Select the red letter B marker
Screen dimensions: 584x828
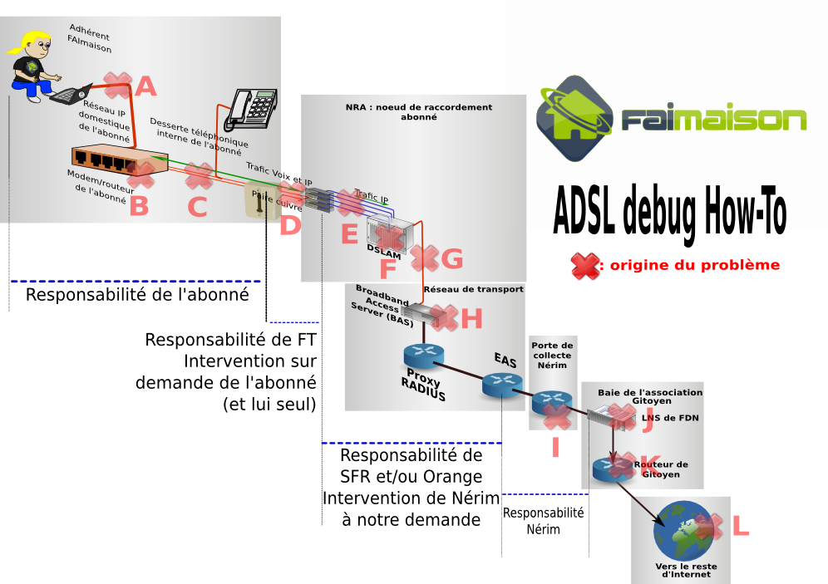(x=139, y=205)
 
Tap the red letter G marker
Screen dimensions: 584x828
(x=451, y=259)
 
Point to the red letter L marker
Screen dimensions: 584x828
(x=739, y=526)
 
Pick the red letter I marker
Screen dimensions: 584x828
(x=555, y=448)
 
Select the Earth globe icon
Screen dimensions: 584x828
(x=683, y=532)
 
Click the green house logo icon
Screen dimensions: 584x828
(x=574, y=117)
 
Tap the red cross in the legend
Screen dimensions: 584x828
(x=586, y=266)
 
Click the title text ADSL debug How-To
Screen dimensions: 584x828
(x=669, y=212)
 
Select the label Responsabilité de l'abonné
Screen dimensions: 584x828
(x=137, y=294)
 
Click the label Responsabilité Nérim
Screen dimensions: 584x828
(x=543, y=521)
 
